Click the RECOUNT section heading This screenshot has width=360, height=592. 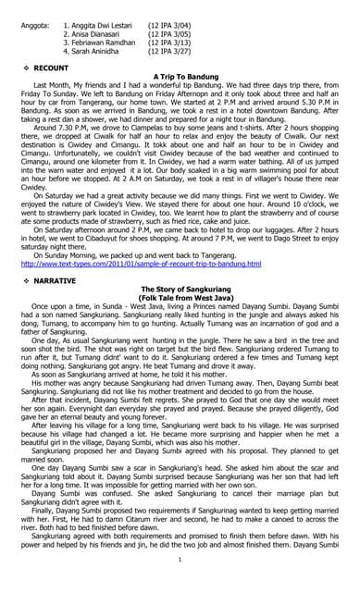tap(51, 68)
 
